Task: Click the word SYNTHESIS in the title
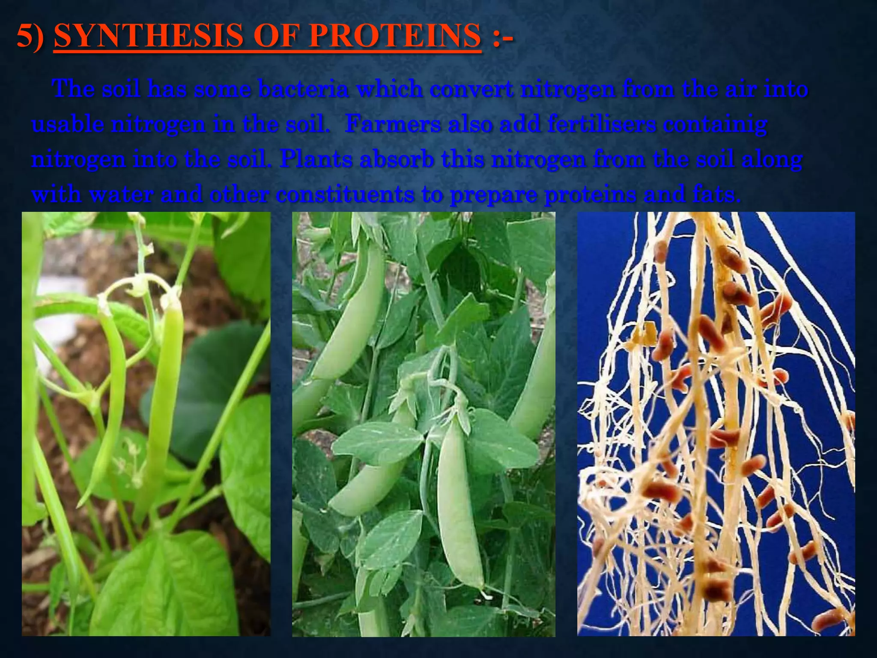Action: point(145,36)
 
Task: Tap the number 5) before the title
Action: point(30,36)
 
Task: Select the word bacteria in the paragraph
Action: point(304,90)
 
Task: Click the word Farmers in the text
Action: point(393,125)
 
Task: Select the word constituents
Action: point(345,195)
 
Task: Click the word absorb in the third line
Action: point(396,160)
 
